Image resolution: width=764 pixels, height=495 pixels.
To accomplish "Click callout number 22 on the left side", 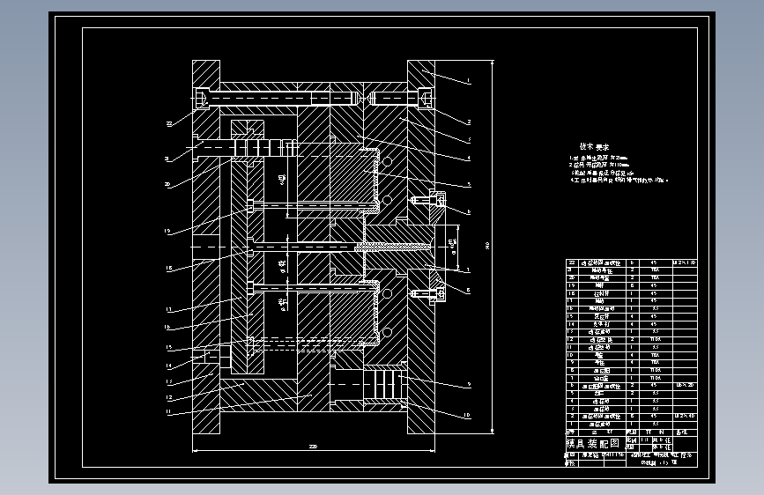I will click(x=169, y=124).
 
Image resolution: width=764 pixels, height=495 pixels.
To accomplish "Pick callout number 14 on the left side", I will click(x=168, y=365).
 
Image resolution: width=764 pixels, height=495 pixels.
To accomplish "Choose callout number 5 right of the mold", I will click(x=470, y=184).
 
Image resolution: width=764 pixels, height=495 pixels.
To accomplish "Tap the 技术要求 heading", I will click(x=595, y=147).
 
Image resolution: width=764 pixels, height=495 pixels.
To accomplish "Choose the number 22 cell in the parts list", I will click(x=570, y=262).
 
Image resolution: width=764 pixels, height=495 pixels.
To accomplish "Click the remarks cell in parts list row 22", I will click(x=684, y=262).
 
